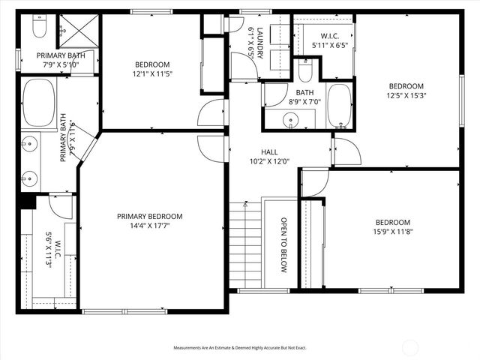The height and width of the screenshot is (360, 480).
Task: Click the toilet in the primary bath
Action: tap(38, 29)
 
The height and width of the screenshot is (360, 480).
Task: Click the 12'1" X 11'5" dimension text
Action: tap(153, 74)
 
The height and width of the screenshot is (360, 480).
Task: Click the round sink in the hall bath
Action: tap(289, 120)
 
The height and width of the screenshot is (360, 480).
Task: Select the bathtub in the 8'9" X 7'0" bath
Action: tap(339, 105)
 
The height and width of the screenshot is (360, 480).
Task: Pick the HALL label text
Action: tap(269, 150)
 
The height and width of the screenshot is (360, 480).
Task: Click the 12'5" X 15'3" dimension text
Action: tap(406, 95)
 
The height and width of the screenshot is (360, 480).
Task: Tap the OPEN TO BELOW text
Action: tap(284, 245)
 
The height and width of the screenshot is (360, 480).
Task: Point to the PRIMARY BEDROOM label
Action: tap(149, 216)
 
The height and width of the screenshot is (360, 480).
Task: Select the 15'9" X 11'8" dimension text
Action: tap(393, 232)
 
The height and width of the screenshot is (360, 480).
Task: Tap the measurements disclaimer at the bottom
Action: tap(240, 348)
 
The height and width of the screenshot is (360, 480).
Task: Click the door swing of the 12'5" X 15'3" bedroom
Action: tap(346, 152)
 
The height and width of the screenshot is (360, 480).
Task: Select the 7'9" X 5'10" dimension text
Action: tap(56, 65)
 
